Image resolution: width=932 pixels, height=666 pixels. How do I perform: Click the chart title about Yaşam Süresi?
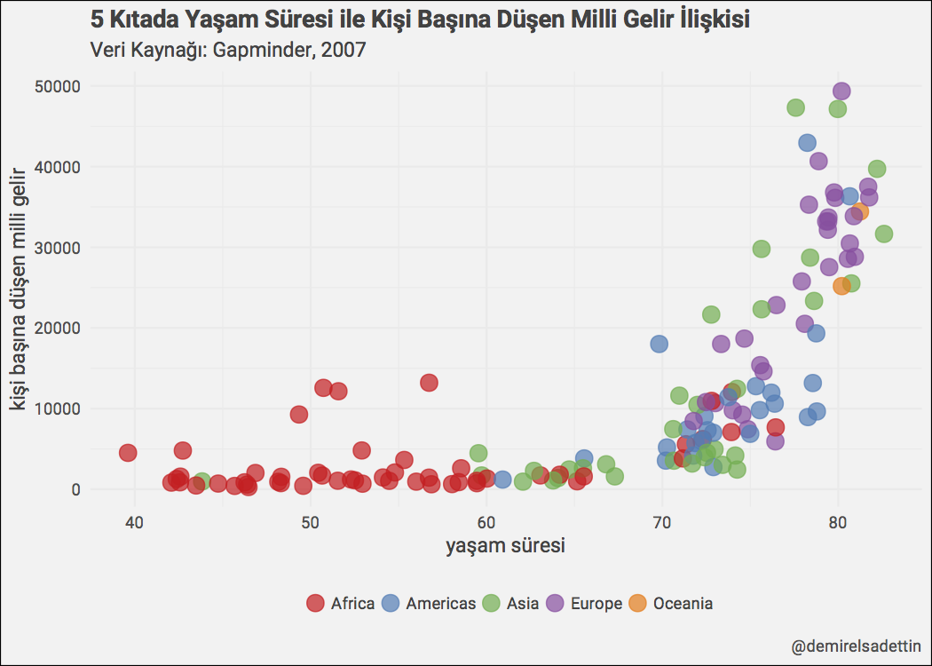(x=420, y=19)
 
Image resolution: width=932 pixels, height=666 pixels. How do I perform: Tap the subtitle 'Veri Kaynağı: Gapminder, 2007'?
(x=229, y=50)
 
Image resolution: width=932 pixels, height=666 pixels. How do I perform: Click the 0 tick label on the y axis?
(x=76, y=489)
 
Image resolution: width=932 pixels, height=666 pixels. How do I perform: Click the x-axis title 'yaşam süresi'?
(x=505, y=545)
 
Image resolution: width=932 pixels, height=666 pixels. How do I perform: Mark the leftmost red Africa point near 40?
(x=128, y=453)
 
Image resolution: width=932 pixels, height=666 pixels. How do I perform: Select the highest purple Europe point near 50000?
(x=841, y=91)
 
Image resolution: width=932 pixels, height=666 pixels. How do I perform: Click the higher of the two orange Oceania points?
(x=860, y=210)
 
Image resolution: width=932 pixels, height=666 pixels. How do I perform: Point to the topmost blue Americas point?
(x=807, y=143)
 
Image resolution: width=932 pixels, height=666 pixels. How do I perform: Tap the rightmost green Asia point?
(x=883, y=234)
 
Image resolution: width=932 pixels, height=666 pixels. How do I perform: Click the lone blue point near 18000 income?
(x=659, y=344)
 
